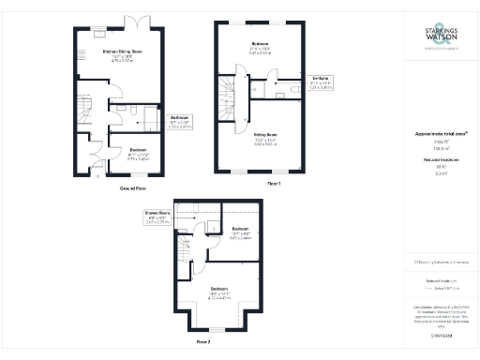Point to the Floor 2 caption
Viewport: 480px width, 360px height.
(x=203, y=344)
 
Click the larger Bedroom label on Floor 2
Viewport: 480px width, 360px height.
(x=218, y=291)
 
